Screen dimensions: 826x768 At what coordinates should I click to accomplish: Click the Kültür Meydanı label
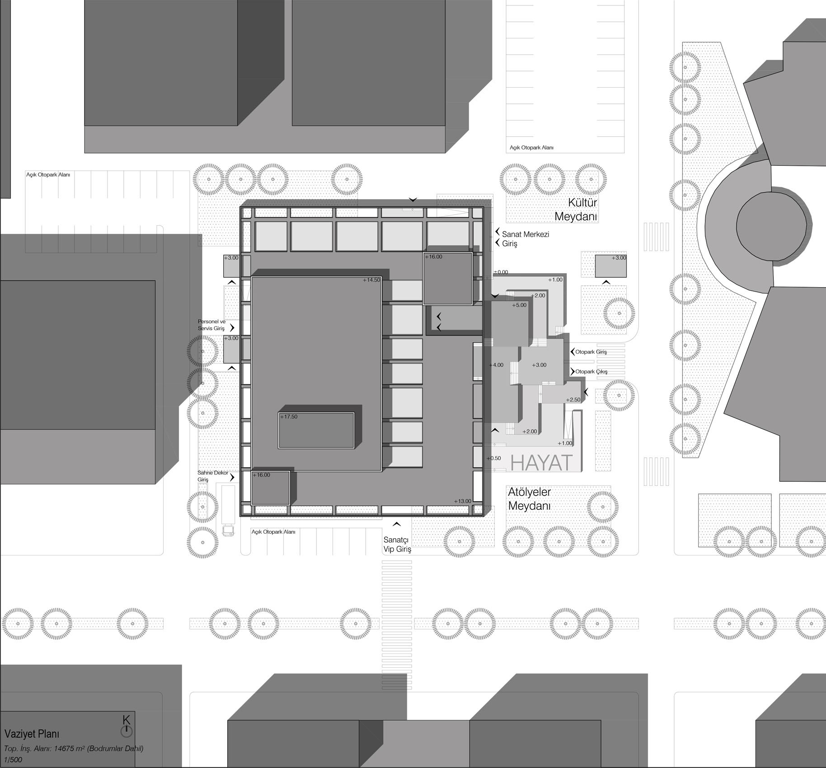pos(576,209)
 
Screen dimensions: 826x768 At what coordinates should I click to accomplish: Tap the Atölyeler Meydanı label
pos(530,498)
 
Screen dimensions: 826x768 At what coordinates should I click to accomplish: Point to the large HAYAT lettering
pos(541,463)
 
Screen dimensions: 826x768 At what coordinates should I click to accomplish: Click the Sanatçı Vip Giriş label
pos(397,544)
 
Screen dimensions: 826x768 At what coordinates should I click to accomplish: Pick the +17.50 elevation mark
pos(289,417)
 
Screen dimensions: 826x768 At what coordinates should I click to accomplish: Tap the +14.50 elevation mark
pos(371,280)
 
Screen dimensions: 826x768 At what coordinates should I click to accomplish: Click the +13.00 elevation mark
pos(463,501)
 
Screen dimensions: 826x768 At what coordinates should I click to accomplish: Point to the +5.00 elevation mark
pos(519,305)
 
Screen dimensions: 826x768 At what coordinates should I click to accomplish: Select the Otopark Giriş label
pos(591,352)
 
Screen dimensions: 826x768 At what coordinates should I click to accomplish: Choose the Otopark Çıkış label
pos(591,372)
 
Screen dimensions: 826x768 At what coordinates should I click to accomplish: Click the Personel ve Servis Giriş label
pos(211,325)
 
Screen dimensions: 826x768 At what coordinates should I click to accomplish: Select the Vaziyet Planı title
pos(32,734)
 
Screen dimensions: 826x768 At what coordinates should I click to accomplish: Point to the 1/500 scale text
pos(13,759)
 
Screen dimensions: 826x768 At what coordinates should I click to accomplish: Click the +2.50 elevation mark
pos(573,400)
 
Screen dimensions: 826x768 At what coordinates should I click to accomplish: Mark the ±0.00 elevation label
pos(501,272)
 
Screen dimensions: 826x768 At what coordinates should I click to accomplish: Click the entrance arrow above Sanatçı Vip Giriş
pos(397,524)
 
